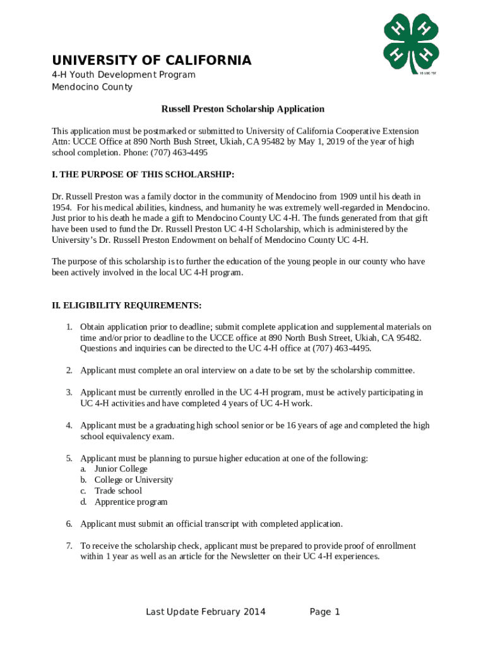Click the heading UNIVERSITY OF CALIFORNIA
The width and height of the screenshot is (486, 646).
point(151,61)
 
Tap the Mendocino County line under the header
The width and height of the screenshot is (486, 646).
point(92,87)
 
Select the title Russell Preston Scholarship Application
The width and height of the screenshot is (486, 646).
point(243,109)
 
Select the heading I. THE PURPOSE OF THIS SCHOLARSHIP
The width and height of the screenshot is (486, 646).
point(143,174)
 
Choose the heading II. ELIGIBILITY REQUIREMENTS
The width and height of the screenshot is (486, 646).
point(126,305)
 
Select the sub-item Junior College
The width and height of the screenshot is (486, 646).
point(121,469)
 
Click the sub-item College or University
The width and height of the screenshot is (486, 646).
point(134,480)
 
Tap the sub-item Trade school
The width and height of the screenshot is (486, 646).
point(118,491)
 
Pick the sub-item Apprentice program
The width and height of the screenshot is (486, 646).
point(131,502)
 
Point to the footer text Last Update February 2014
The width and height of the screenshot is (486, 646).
point(206,612)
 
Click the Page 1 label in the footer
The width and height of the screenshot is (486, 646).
point(325,612)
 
